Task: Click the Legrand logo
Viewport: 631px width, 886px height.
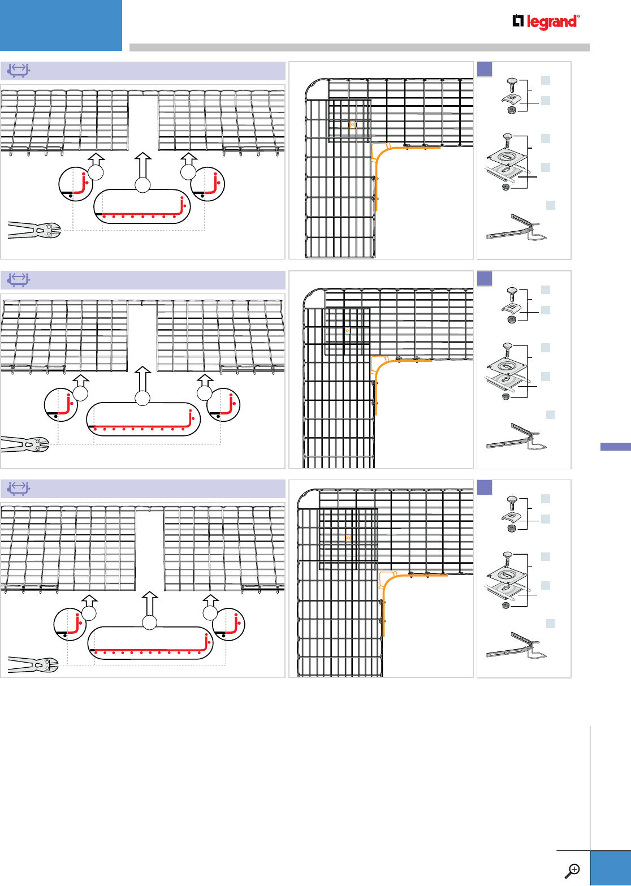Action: (546, 22)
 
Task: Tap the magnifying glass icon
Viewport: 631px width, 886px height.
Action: (573, 870)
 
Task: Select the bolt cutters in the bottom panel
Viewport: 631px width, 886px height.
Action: (33, 664)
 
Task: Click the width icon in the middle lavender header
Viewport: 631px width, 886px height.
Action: (19, 279)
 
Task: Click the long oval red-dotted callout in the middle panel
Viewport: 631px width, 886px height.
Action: (143, 419)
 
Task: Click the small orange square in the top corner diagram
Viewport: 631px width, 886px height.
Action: (352, 124)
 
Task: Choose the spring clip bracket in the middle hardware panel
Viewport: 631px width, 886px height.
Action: (516, 438)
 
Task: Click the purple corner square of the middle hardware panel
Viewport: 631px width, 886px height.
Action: (485, 278)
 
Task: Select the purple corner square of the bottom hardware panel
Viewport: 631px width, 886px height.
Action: (485, 487)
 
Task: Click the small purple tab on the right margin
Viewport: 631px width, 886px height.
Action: (615, 447)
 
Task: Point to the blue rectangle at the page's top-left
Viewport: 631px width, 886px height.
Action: (61, 25)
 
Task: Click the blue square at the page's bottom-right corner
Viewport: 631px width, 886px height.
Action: (611, 868)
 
